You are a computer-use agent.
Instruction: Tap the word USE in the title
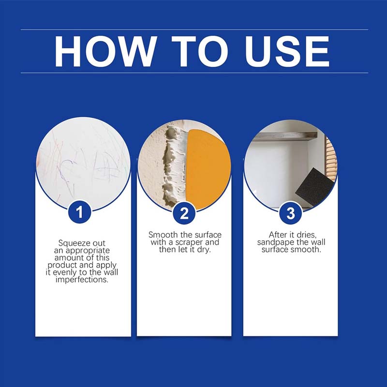pos(287,51)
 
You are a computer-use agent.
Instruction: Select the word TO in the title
pos(200,51)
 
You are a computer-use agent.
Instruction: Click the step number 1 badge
pos(79,212)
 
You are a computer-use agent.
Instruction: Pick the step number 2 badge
pos(184,213)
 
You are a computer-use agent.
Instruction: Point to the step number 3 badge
pos(291,213)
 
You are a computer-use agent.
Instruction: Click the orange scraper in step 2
pos(208,169)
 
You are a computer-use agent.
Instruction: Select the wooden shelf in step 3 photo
pos(285,136)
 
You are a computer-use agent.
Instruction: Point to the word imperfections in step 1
pos(82,280)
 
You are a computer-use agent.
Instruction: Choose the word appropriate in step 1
pos(88,251)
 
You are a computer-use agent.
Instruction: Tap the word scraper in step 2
pos(189,242)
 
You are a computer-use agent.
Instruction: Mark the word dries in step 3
pos(307,235)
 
